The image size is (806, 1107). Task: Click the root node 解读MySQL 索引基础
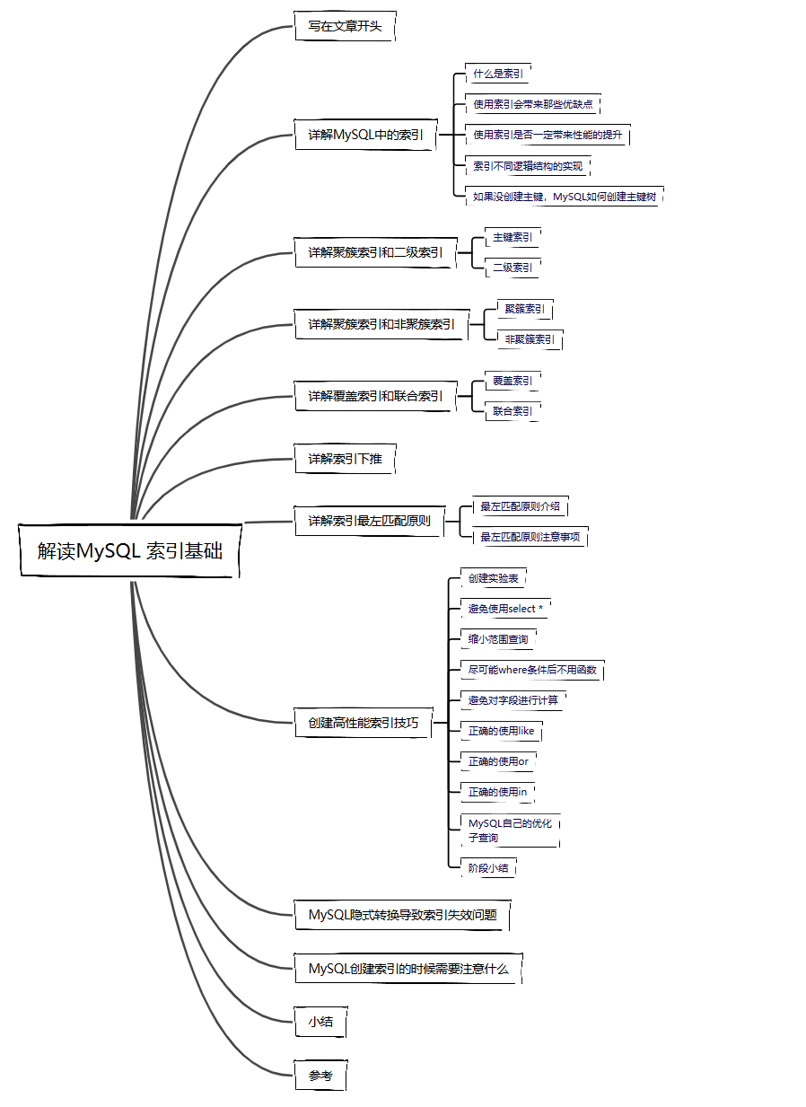(130, 550)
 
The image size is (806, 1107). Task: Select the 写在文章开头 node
(345, 26)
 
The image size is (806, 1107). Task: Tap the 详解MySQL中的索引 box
(365, 135)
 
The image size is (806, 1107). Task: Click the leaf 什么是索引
(499, 74)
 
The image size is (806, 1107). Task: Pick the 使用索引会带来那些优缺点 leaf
(533, 104)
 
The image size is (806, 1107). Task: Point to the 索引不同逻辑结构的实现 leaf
(528, 166)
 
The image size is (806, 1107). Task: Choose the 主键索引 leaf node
(513, 237)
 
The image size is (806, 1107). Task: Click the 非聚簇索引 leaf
(530, 339)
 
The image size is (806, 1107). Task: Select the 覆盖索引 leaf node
(513, 381)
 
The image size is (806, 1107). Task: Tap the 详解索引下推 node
(345, 459)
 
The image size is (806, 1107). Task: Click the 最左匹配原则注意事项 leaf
(530, 537)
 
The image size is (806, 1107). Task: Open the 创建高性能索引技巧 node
(364, 723)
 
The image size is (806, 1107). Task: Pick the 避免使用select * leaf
(505, 609)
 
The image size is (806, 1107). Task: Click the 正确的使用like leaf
(501, 731)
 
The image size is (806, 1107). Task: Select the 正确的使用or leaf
(498, 761)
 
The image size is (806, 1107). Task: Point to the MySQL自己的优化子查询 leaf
(510, 830)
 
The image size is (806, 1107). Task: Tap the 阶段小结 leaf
(488, 868)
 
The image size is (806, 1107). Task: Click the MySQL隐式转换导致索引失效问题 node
(402, 915)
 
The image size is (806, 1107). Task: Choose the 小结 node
(320, 1022)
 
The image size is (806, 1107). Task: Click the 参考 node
(320, 1076)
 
